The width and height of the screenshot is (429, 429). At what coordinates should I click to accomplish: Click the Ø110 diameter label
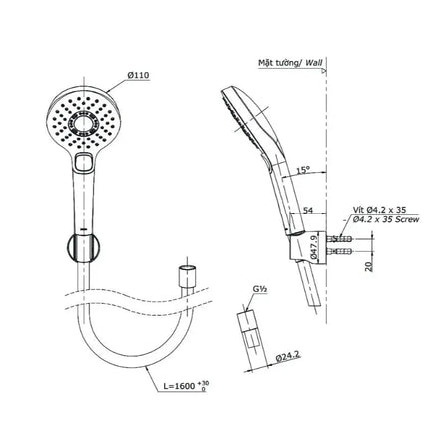[138, 75]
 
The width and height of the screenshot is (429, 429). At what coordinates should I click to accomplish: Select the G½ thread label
[260, 290]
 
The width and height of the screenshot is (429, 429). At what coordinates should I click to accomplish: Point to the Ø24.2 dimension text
[288, 356]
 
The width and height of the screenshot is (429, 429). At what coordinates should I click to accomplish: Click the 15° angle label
[303, 170]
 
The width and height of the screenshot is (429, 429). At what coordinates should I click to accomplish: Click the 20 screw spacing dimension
[369, 266]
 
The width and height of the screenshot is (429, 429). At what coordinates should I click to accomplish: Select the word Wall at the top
[314, 62]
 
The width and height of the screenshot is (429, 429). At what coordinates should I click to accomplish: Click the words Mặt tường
[278, 63]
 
